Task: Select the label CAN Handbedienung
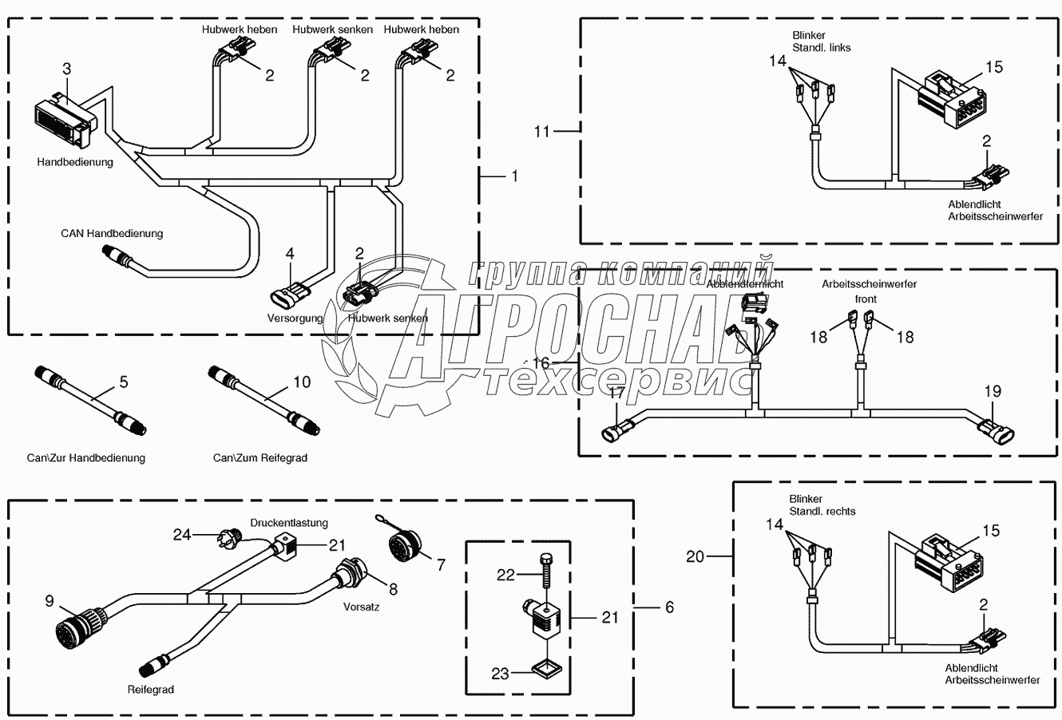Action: click(x=112, y=233)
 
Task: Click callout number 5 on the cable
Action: click(x=123, y=382)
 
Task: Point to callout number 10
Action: click(x=301, y=382)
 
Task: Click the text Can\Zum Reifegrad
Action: click(x=260, y=457)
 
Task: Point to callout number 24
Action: click(x=183, y=534)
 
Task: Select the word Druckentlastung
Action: click(x=289, y=523)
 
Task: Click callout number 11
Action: click(x=542, y=130)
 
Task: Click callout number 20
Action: click(x=695, y=556)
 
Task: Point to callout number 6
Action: click(x=669, y=607)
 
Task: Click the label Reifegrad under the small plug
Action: click(x=150, y=689)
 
